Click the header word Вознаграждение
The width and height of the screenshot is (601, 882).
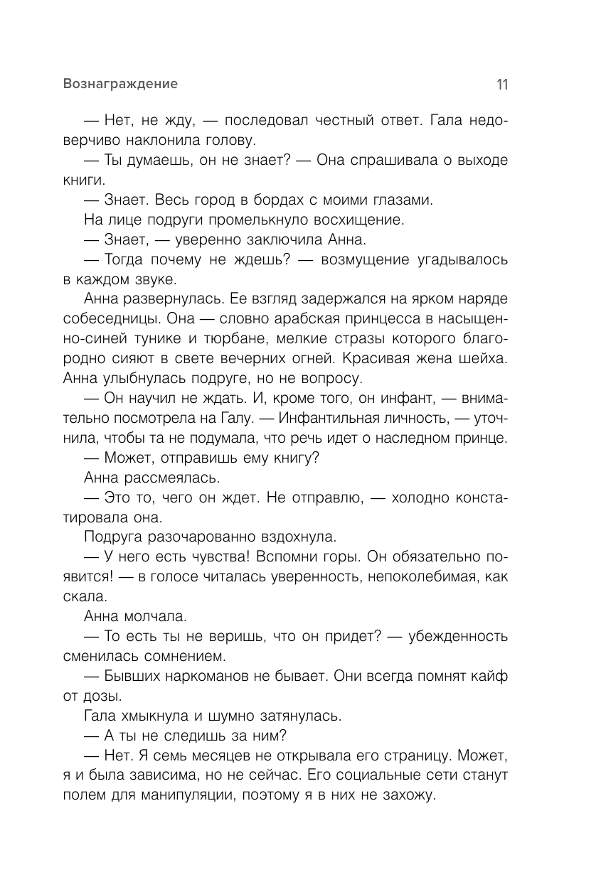(x=120, y=84)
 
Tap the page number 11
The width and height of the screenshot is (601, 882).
(x=502, y=85)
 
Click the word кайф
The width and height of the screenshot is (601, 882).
(x=489, y=676)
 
